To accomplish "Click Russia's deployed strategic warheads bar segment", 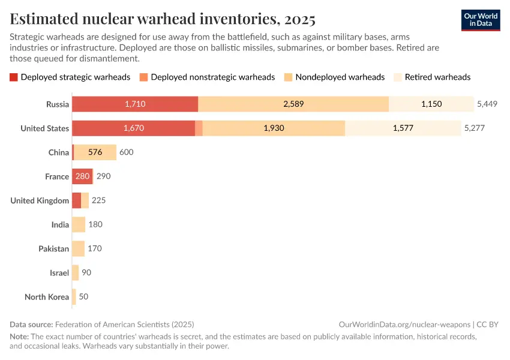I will (135, 104).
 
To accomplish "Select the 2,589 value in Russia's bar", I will (293, 104).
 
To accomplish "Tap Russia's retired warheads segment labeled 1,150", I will (431, 104).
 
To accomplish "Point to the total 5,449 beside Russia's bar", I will (487, 104).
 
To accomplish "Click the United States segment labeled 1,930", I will (274, 128).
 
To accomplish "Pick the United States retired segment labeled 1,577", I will (403, 128).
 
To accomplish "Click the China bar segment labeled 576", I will (95, 152).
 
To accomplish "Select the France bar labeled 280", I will (82, 176).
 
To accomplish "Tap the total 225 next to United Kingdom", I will (98, 200).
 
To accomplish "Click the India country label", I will (60, 224).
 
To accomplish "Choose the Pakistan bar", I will (78, 248).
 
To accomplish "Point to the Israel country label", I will (59, 273).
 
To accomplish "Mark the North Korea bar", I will (74, 297).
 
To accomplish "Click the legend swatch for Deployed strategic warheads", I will (14, 77).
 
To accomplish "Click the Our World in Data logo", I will (481, 19).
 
